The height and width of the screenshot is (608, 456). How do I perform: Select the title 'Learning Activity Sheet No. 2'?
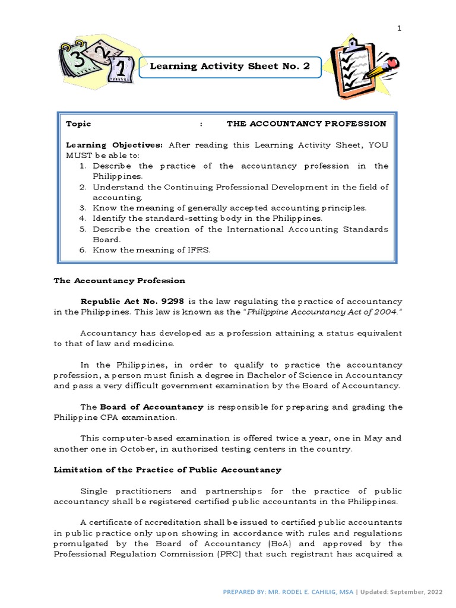point(230,66)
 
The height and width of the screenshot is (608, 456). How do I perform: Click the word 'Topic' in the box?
point(78,123)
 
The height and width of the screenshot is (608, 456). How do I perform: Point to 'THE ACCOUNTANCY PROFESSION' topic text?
point(306,123)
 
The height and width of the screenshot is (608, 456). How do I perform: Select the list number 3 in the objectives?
point(83,208)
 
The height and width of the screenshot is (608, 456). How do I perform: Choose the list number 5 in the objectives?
point(83,229)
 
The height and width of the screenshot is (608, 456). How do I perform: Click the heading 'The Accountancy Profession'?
point(119,280)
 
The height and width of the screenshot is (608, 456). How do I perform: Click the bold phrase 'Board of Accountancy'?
point(151,407)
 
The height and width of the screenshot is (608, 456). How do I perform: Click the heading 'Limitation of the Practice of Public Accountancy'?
point(167,470)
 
